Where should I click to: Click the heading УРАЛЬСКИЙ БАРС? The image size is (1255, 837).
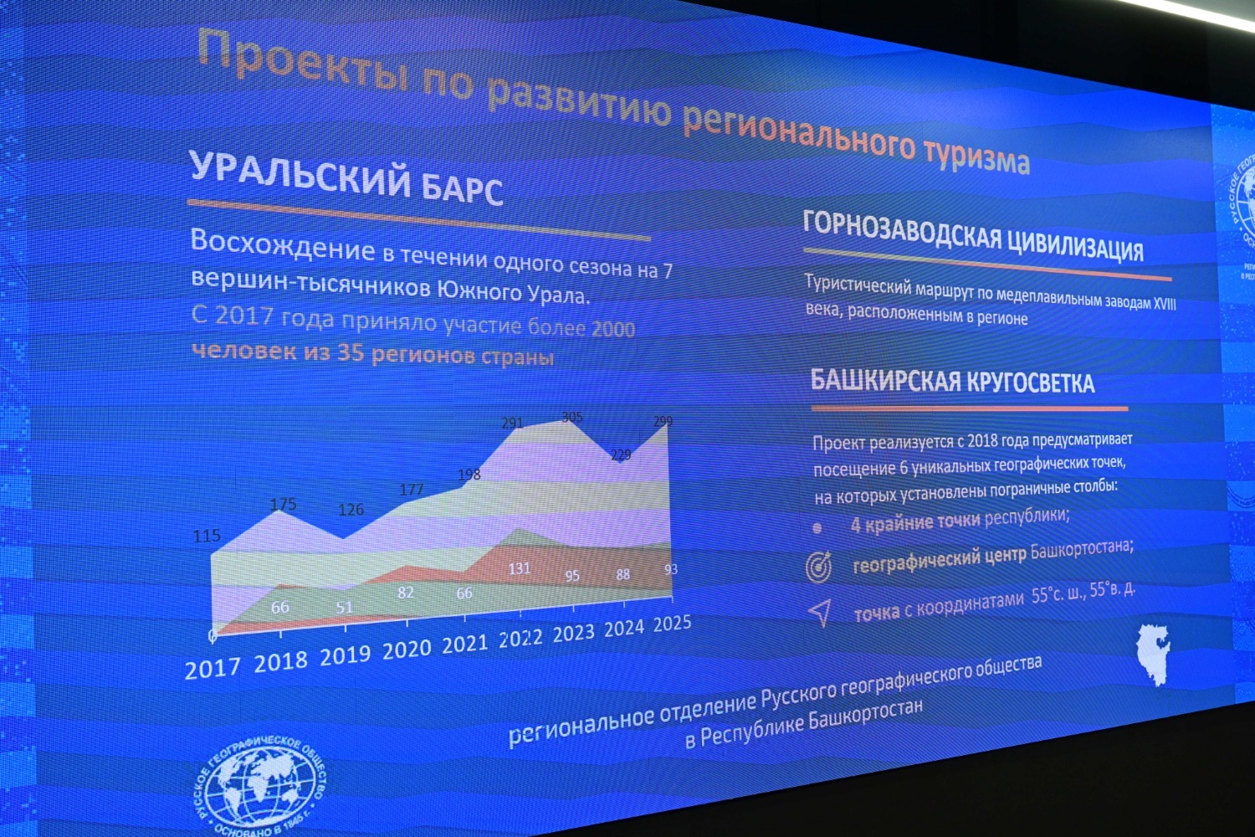coord(346,177)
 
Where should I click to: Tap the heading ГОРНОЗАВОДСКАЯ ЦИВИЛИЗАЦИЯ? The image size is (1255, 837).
coord(972,235)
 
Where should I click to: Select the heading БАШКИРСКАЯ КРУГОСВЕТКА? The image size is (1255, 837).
coord(952,382)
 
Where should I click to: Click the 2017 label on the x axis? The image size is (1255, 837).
coord(212,669)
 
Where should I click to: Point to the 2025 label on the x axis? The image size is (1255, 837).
coord(672,624)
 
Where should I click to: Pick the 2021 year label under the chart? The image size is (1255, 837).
coord(464,644)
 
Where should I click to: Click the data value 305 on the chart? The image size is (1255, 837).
coord(572,417)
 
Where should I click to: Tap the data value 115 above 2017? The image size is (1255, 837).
coord(207,536)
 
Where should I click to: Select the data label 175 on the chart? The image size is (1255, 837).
coord(283,505)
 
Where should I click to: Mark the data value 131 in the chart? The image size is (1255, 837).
coord(520,568)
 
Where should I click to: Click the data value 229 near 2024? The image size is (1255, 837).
coord(621,455)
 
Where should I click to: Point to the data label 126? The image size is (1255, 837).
coord(351,510)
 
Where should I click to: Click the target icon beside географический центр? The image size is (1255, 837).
coord(818,567)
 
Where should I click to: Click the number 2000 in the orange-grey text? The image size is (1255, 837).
coord(613,329)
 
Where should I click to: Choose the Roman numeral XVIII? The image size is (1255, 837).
coord(1165,304)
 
